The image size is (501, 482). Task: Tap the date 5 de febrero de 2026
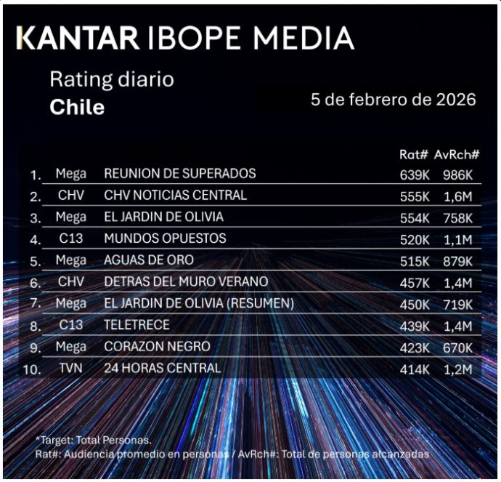[393, 100]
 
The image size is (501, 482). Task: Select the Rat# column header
[412, 155]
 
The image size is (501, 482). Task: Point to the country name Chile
[77, 108]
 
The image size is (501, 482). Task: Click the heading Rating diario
[112, 79]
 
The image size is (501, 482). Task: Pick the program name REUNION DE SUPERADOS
[179, 174]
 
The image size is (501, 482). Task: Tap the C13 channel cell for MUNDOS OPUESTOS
[70, 238]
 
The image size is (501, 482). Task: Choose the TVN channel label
[70, 369]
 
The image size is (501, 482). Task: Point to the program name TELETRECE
[138, 325]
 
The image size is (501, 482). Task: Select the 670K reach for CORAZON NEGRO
[457, 347]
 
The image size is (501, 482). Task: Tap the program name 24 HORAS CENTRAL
[162, 369]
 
